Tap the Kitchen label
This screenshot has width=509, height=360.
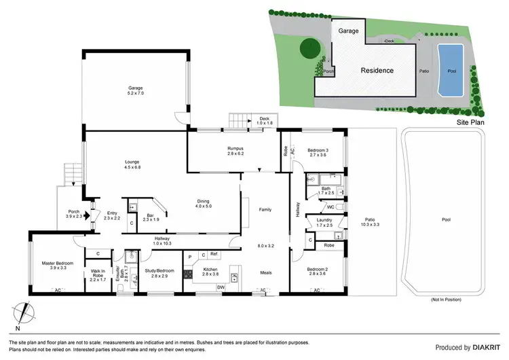[210, 270]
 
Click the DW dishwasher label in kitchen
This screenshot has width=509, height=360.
[220, 287]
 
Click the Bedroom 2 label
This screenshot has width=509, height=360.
[318, 270]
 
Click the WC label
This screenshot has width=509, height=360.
[331, 206]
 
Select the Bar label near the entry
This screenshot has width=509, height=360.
[151, 215]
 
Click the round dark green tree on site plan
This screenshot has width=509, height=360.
[310, 48]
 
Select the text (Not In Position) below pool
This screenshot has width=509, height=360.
[447, 300]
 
